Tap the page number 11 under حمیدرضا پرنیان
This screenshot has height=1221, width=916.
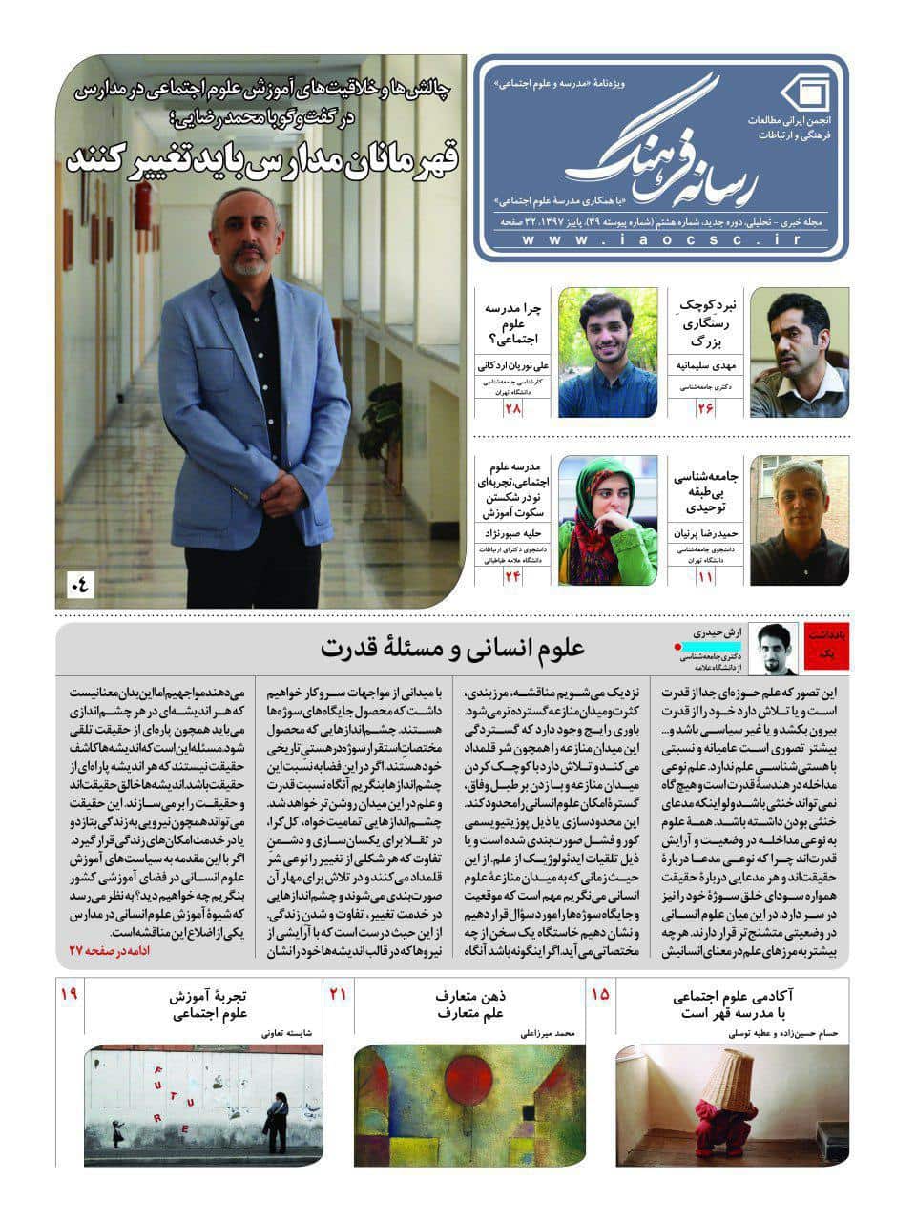(x=705, y=576)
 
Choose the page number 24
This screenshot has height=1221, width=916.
(x=514, y=576)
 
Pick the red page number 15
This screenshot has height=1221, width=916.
(x=600, y=995)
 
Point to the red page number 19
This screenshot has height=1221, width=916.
(x=69, y=995)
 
